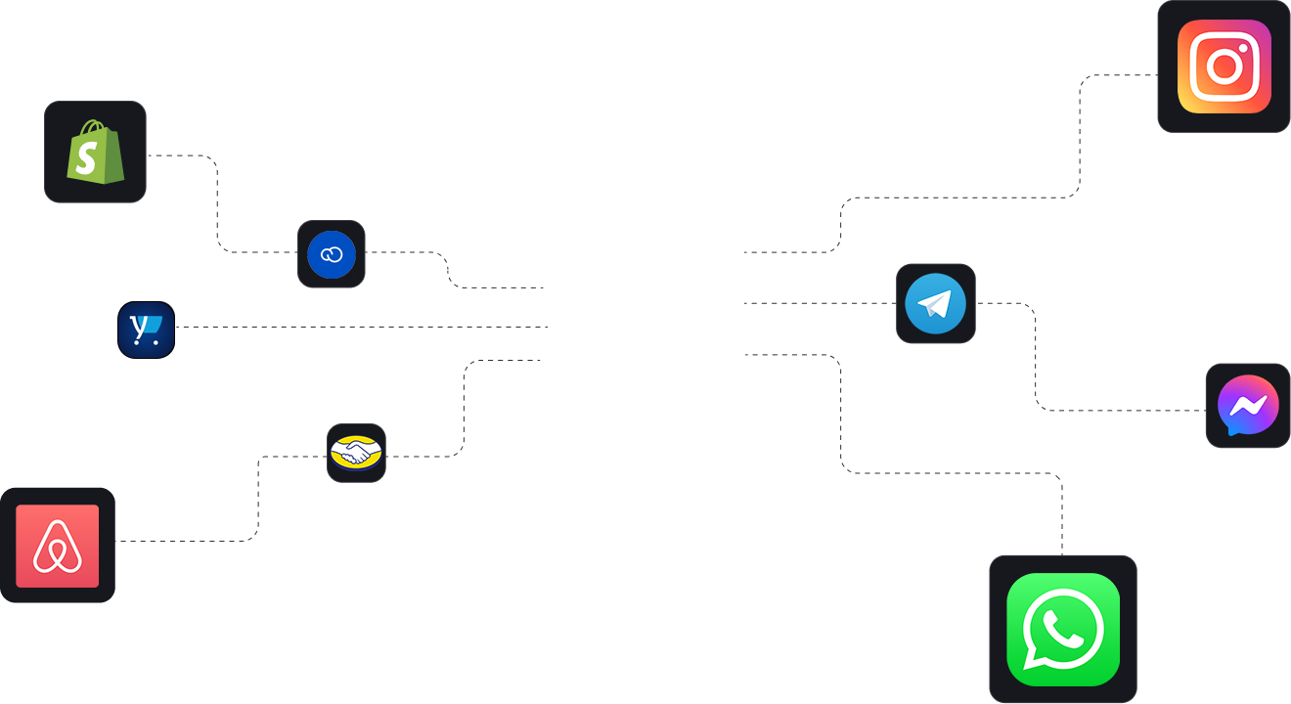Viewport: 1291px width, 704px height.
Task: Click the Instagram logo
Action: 1224,66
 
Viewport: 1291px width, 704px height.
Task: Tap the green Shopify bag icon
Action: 96,153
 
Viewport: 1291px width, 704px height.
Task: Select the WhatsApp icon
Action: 1063,629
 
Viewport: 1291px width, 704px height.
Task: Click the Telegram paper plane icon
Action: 935,303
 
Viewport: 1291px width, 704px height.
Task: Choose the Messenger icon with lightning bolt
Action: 1248,406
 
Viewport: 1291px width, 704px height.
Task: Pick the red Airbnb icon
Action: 58,546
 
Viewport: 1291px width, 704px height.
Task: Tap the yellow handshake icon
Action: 356,453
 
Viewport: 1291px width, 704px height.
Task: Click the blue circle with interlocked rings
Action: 332,254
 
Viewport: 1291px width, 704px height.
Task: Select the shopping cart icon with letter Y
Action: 147,330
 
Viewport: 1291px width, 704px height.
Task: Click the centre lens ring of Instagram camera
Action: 1224,66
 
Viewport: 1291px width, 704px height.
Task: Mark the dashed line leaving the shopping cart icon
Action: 293,328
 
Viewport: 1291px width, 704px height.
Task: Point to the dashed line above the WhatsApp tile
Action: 1062,518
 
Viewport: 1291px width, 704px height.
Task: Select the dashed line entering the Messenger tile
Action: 1125,411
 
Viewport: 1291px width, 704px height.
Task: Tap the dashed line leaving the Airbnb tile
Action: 186,541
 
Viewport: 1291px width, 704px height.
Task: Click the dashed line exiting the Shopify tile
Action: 181,155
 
